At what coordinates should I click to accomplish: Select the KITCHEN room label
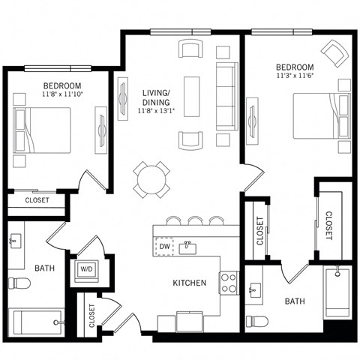(x=189, y=283)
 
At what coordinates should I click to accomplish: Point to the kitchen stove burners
(x=229, y=283)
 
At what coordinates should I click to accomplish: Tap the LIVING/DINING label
(x=155, y=97)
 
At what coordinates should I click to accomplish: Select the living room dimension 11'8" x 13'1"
(x=155, y=112)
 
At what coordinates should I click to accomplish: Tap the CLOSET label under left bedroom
(x=37, y=200)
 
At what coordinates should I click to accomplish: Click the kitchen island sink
(x=188, y=247)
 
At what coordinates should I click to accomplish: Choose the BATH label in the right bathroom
(x=293, y=301)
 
